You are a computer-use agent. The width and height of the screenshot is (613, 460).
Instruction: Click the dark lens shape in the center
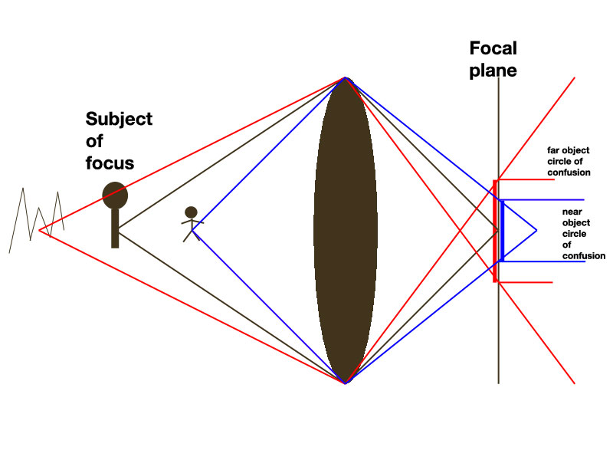tap(346, 231)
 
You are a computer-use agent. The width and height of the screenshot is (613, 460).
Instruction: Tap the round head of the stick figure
tap(191, 212)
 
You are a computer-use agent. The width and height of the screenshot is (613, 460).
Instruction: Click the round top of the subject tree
tap(115, 195)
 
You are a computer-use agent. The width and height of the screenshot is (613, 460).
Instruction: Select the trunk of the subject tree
tap(115, 228)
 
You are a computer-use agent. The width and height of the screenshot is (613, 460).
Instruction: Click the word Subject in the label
tap(119, 119)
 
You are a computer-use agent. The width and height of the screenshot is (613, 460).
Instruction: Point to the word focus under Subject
tap(110, 163)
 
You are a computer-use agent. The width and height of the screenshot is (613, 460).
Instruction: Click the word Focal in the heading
tap(493, 48)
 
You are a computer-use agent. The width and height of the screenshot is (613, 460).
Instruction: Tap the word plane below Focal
tap(493, 71)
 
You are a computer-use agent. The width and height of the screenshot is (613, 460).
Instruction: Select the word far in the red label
tap(552, 150)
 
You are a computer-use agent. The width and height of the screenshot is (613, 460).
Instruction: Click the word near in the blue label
tap(572, 212)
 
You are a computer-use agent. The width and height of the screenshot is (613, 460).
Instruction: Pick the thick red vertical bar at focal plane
tap(495, 231)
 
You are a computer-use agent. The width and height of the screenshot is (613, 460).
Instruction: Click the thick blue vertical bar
tap(502, 231)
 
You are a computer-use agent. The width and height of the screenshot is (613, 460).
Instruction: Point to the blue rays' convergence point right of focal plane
tap(536, 231)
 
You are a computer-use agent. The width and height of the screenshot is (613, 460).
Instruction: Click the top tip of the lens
tap(346, 77)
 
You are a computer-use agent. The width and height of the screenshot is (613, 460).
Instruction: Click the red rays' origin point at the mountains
tap(39, 231)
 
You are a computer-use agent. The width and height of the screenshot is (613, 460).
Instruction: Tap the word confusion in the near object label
tap(584, 256)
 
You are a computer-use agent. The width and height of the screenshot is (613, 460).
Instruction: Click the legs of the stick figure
tap(191, 235)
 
